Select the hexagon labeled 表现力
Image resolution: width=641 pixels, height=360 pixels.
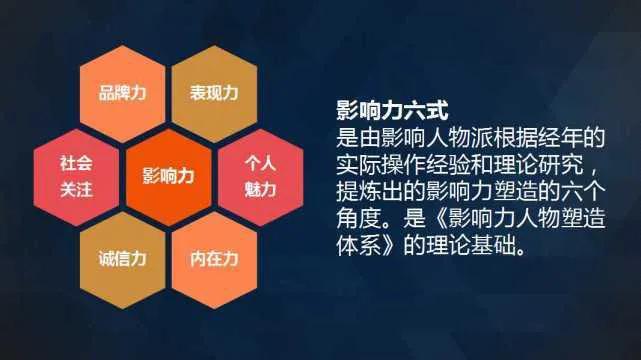(213, 93)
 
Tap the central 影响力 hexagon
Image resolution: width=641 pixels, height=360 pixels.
(168, 175)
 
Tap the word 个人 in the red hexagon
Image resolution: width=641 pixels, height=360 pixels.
(259, 162)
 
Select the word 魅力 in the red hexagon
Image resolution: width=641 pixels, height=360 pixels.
(259, 189)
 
